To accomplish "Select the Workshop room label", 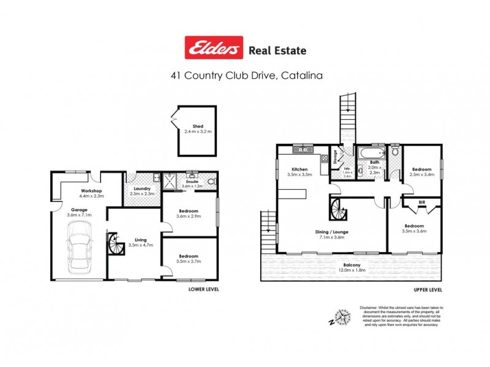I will (91, 191).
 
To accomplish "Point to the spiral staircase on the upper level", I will (337, 209).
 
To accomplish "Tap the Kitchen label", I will (299, 169).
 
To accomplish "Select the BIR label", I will (421, 202).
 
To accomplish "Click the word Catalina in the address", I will (301, 76).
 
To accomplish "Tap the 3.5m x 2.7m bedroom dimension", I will (189, 261).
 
